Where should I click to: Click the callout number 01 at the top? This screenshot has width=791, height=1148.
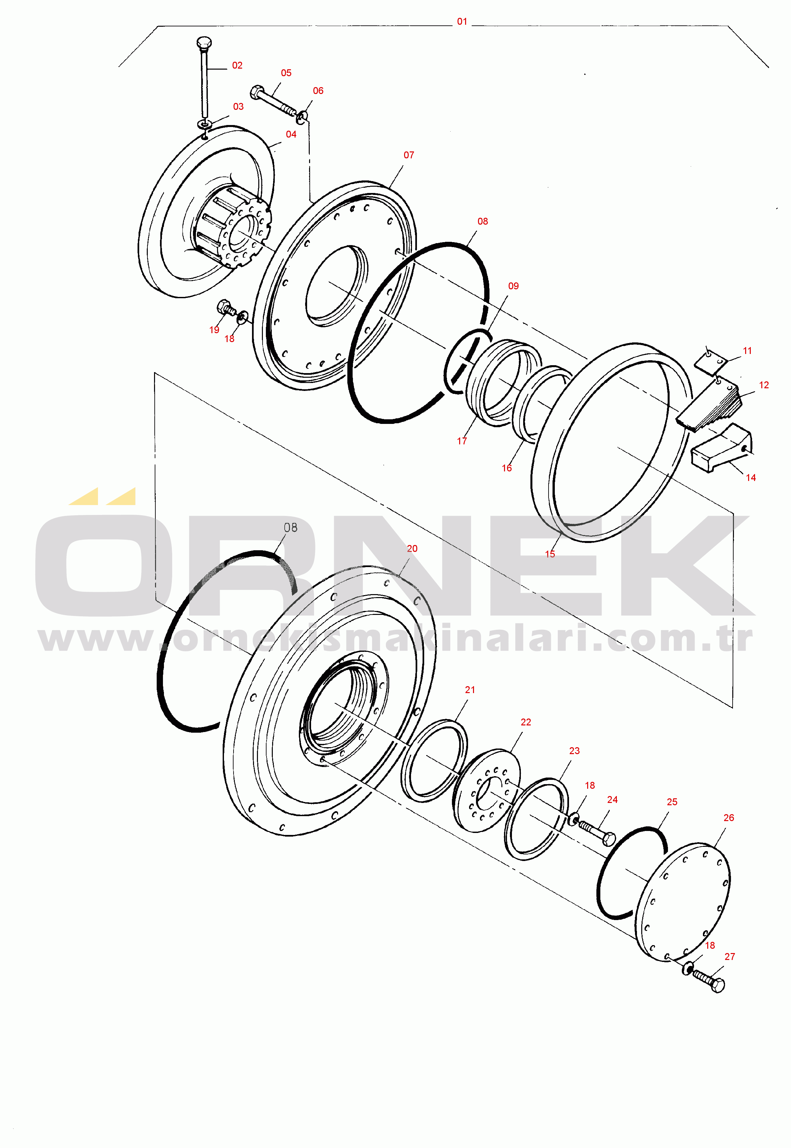click(462, 22)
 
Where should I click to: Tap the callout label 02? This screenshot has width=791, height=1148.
click(237, 65)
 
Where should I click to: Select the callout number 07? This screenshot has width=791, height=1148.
click(409, 155)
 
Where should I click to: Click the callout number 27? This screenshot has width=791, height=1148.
click(730, 957)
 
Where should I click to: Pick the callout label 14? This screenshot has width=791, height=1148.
click(751, 478)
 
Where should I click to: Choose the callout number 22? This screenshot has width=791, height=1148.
click(526, 722)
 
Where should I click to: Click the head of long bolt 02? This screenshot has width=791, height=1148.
click(204, 43)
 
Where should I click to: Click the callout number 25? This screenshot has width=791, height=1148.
click(672, 802)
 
